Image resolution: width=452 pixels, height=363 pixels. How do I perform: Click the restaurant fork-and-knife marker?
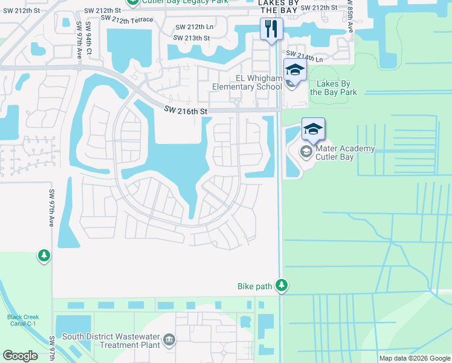[x=271, y=28]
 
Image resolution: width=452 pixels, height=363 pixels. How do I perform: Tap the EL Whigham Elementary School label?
[x=247, y=82]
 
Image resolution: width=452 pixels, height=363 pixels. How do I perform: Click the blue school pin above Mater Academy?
[x=313, y=129]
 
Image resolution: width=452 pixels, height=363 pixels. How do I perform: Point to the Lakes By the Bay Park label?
[x=333, y=88]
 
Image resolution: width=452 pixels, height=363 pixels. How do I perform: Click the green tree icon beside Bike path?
[x=281, y=285]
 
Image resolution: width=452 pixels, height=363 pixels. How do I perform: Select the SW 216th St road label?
[x=186, y=111]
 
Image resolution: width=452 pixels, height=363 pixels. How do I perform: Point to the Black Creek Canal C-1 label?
[x=22, y=320]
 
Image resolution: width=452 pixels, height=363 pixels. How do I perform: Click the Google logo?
[x=20, y=355]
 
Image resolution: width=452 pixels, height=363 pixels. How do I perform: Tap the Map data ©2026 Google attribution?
[x=414, y=358]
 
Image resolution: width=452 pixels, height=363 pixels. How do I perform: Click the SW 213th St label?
[x=191, y=38]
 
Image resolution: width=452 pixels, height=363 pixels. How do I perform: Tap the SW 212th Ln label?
[x=195, y=27]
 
